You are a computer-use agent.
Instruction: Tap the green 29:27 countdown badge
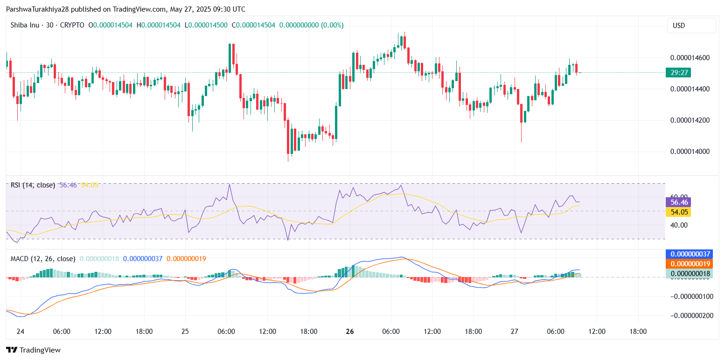pyautogui.click(x=678, y=72)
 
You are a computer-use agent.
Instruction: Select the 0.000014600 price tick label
pyautogui.click(x=690, y=58)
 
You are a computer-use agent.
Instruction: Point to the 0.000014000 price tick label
pyautogui.click(x=690, y=151)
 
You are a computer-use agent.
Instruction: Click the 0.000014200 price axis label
pyautogui.click(x=690, y=120)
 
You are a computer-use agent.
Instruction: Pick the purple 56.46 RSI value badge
pyautogui.click(x=678, y=202)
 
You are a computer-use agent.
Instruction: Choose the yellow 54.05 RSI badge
pyautogui.click(x=678, y=212)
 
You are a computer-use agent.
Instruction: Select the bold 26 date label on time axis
pyautogui.click(x=350, y=332)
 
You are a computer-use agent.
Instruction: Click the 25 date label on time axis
pyautogui.click(x=185, y=332)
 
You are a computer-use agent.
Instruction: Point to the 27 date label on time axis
pyautogui.click(x=515, y=332)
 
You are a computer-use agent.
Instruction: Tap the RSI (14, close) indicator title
pyautogui.click(x=33, y=185)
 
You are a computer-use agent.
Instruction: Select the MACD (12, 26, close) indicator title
pyautogui.click(x=43, y=258)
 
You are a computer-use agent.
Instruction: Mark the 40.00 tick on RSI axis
pyautogui.click(x=679, y=225)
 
